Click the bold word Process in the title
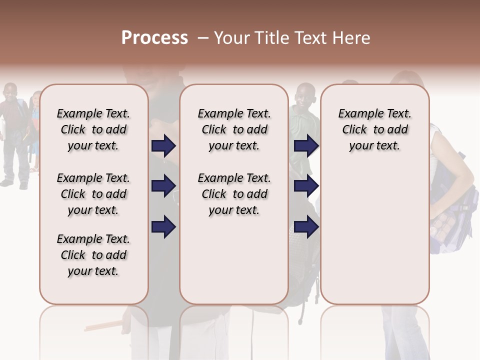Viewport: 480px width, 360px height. pyautogui.click(x=154, y=38)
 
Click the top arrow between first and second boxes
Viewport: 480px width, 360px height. pyautogui.click(x=163, y=146)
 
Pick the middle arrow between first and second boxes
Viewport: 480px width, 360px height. pyautogui.click(x=163, y=186)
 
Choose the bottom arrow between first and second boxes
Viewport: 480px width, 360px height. pyautogui.click(x=163, y=227)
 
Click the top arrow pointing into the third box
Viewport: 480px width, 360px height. pyautogui.click(x=306, y=146)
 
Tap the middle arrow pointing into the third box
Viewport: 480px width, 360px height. pyautogui.click(x=306, y=186)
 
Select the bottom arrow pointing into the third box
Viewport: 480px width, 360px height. pyautogui.click(x=306, y=227)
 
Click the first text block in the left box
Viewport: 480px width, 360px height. pyautogui.click(x=93, y=129)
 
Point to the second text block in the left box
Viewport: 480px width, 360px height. pyautogui.click(x=93, y=194)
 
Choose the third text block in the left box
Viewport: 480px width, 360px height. pyautogui.click(x=93, y=255)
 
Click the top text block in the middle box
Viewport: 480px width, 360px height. pyautogui.click(x=234, y=129)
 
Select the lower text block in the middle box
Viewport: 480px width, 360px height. pyautogui.click(x=234, y=194)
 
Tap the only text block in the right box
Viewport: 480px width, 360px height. pyautogui.click(x=374, y=129)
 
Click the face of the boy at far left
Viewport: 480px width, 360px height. pyautogui.click(x=10, y=92)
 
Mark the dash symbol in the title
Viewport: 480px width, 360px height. pyautogui.click(x=203, y=38)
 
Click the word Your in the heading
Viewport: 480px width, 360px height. pyautogui.click(x=232, y=38)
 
